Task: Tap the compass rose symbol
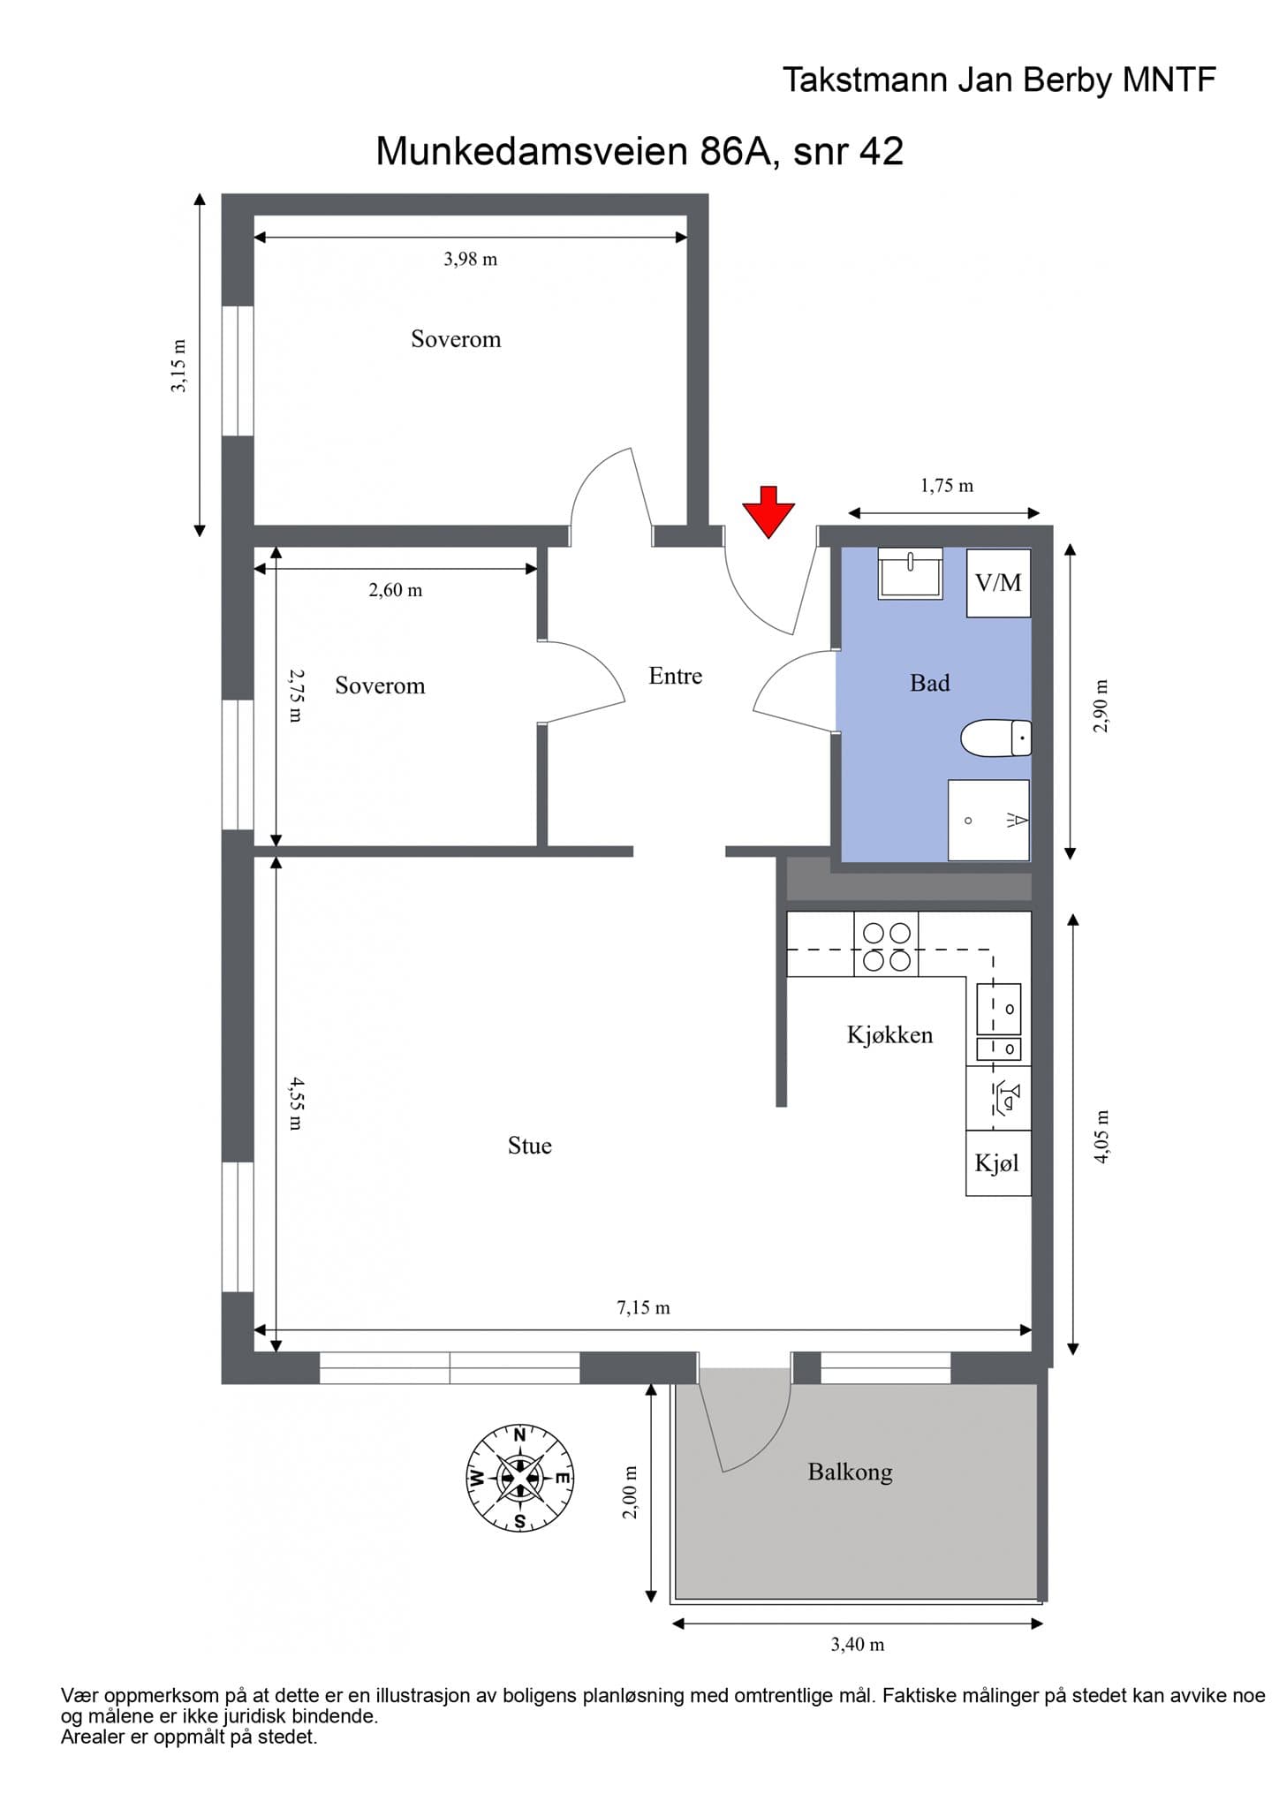point(520,1478)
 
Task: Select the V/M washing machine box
point(998,583)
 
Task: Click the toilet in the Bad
point(995,738)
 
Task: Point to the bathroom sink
point(910,573)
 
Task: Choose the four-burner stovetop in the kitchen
point(886,945)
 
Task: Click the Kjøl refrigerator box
point(998,1163)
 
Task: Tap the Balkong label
point(850,1472)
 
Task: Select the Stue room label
point(529,1146)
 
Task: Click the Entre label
point(676,676)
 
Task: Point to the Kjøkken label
point(889,1034)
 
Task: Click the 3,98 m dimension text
point(470,259)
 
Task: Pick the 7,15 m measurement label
point(643,1307)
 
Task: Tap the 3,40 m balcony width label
point(857,1645)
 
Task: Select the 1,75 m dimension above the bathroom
point(947,486)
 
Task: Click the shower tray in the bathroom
point(988,820)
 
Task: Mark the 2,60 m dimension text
point(396,590)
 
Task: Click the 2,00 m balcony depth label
point(630,1493)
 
